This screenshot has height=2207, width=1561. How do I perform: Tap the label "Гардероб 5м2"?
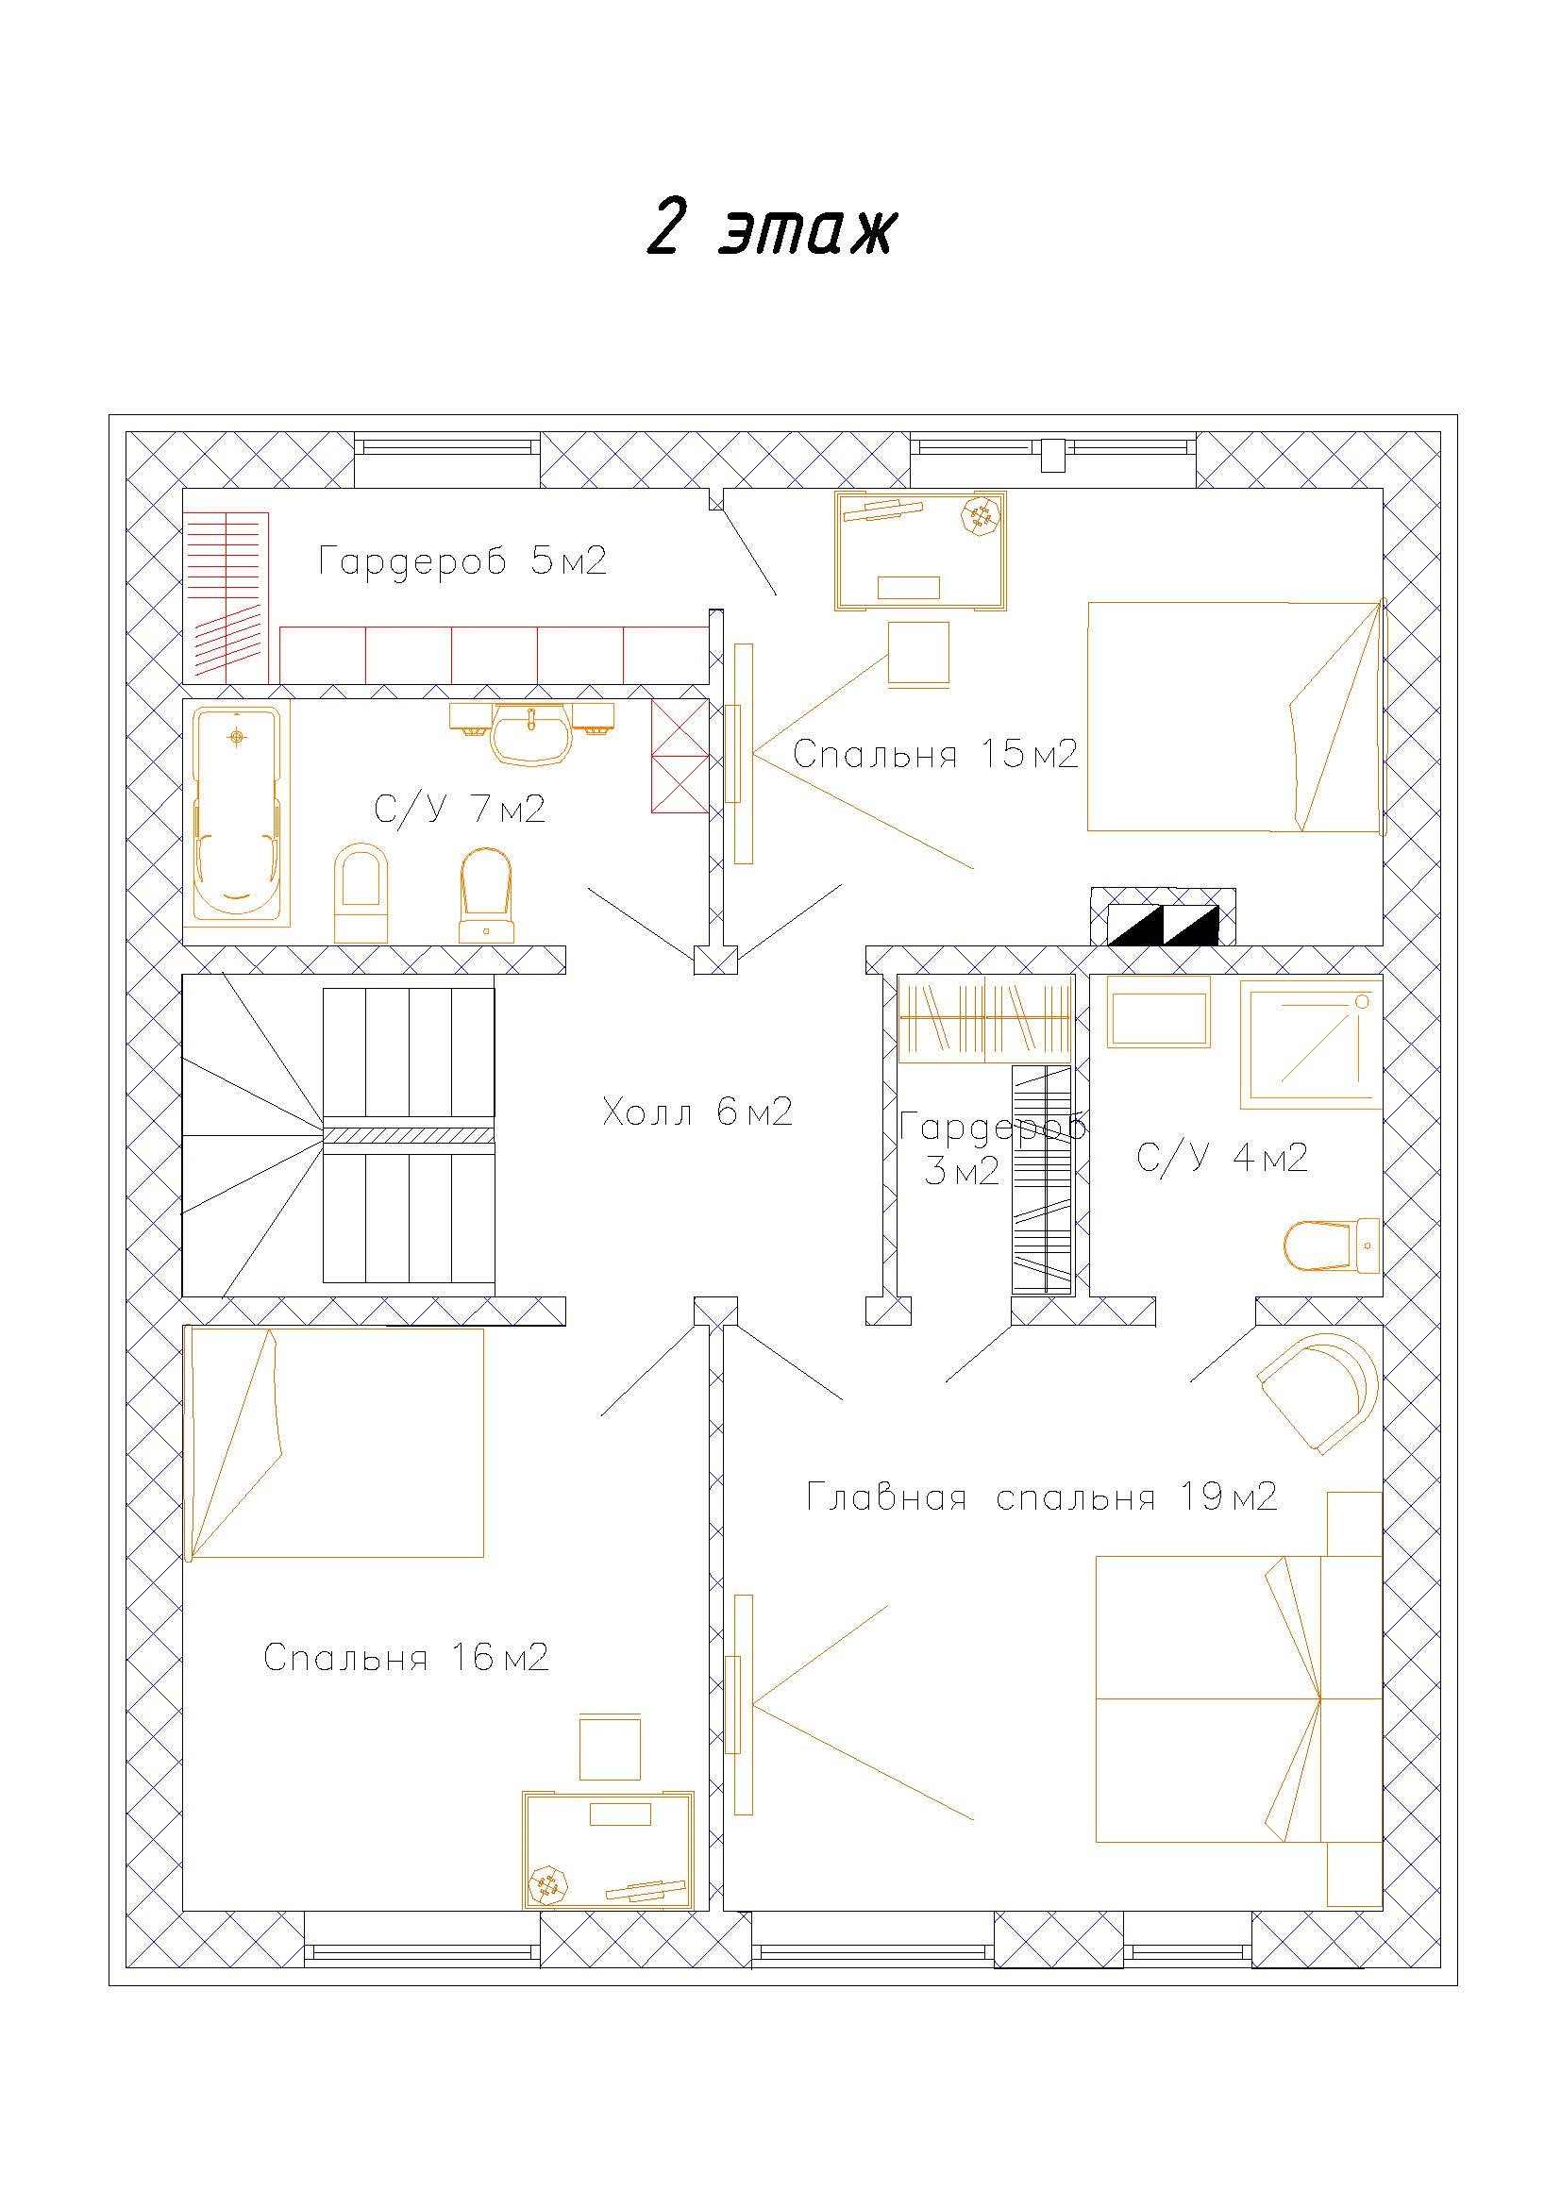tap(462, 561)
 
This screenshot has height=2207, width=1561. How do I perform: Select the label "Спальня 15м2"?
tap(935, 755)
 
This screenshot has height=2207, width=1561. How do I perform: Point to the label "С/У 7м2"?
tap(460, 810)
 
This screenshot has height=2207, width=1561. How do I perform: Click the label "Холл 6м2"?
tap(697, 1113)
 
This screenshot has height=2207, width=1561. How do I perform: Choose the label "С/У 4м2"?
tap(1221, 1158)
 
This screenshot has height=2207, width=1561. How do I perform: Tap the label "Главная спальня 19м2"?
tap(1041, 1497)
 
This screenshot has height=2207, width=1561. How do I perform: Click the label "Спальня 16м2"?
tap(406, 1657)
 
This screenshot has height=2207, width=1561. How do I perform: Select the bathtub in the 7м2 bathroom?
tap(238, 813)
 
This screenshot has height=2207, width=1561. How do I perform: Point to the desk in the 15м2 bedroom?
tap(921, 550)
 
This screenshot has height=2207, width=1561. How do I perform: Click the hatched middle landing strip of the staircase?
tap(409, 1135)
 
